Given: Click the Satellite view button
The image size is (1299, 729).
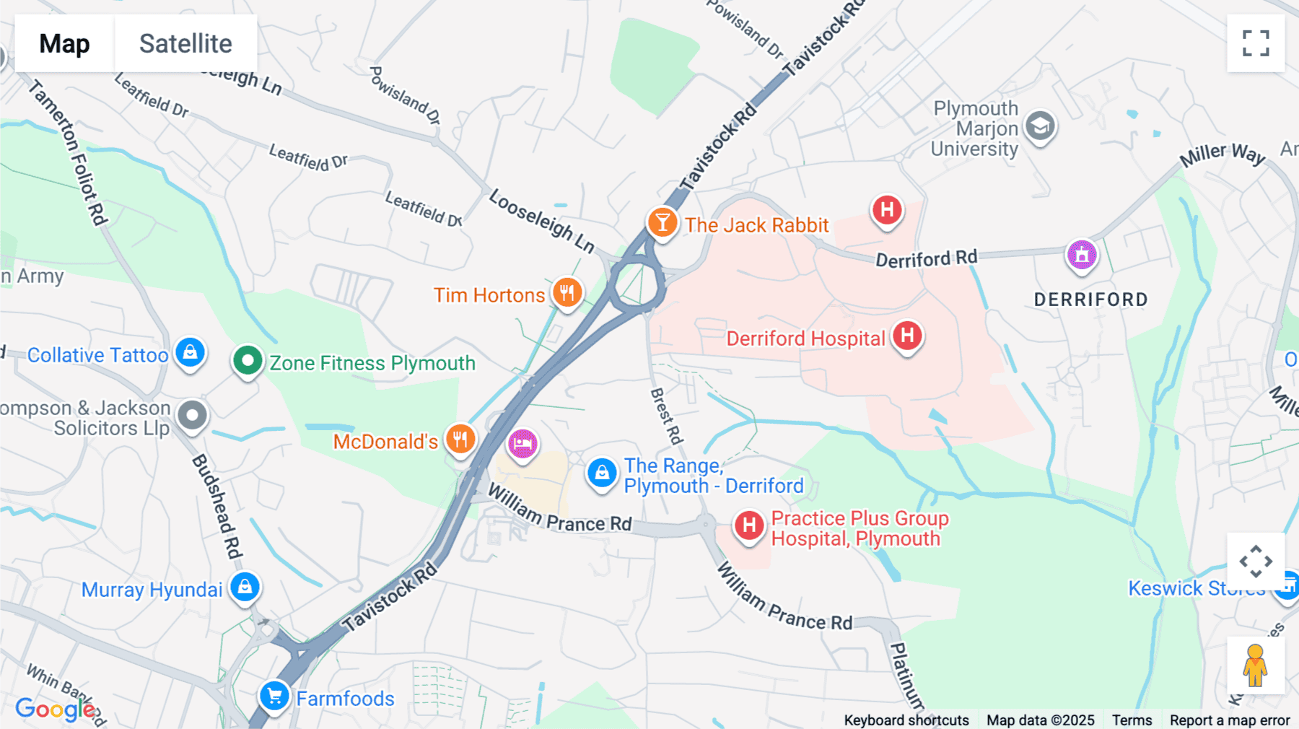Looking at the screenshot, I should pyautogui.click(x=185, y=43).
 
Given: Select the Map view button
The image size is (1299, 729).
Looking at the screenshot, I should pyautogui.click(x=64, y=43).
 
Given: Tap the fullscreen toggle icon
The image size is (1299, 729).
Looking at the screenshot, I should pyautogui.click(x=1256, y=43).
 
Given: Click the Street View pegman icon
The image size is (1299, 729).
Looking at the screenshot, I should pyautogui.click(x=1255, y=665).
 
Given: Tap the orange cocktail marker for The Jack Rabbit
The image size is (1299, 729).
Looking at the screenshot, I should pyautogui.click(x=662, y=222).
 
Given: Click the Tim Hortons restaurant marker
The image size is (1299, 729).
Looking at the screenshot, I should pyautogui.click(x=567, y=293).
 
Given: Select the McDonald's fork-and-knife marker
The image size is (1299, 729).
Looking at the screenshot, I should pyautogui.click(x=460, y=439).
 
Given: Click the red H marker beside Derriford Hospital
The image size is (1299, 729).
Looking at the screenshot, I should pyautogui.click(x=907, y=336).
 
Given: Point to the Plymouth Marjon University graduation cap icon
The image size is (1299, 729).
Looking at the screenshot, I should pyautogui.click(x=1040, y=127).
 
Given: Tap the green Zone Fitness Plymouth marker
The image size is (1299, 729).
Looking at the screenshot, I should pyautogui.click(x=248, y=360).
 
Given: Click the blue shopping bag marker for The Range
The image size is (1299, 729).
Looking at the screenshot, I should pyautogui.click(x=602, y=473).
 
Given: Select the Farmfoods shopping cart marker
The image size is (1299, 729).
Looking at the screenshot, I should pyautogui.click(x=274, y=697).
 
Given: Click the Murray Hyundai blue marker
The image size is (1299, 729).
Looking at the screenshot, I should pyautogui.click(x=245, y=587).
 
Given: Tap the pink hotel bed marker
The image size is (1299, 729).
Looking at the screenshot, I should pyautogui.click(x=522, y=444).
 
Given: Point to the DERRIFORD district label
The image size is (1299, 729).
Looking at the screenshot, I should pyautogui.click(x=1090, y=300).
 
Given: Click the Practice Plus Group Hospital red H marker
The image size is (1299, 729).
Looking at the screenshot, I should pyautogui.click(x=749, y=525).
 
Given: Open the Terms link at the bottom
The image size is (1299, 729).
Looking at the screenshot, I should pyautogui.click(x=1132, y=720).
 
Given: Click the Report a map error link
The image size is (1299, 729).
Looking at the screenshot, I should pyautogui.click(x=1229, y=720).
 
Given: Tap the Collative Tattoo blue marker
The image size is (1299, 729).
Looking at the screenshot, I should pyautogui.click(x=190, y=352).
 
